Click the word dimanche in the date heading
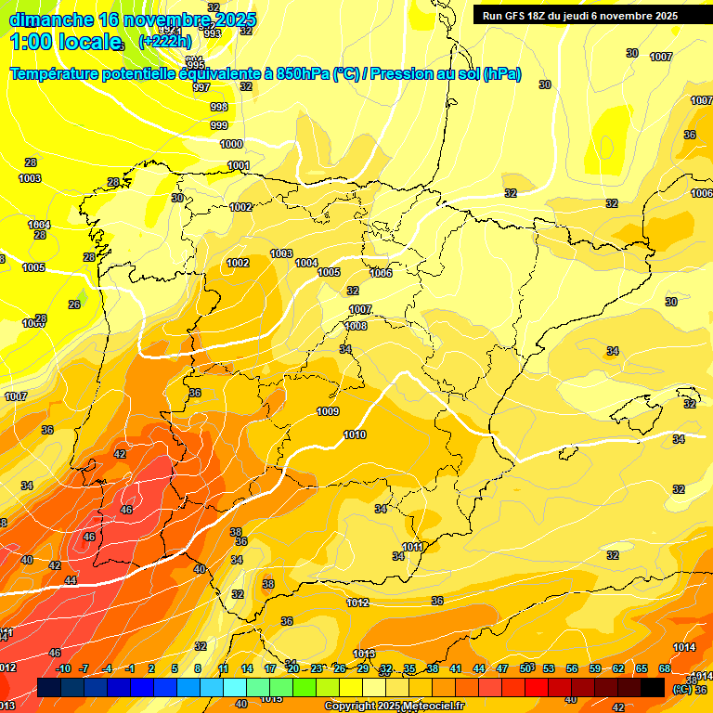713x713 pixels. (51, 19)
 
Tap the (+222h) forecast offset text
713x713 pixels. (165, 41)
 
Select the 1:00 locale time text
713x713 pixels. (65, 42)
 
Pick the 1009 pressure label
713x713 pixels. (328, 411)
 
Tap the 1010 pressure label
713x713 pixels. (354, 434)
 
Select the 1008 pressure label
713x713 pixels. (356, 326)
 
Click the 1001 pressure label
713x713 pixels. (239, 165)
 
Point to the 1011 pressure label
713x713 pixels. (413, 547)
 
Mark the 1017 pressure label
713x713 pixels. (16, 396)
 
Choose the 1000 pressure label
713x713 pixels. (231, 144)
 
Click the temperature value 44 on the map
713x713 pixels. (71, 579)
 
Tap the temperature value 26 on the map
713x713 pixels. (74, 305)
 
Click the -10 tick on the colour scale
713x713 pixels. (63, 668)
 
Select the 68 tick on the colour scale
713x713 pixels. (665, 668)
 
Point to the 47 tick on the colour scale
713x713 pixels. (502, 668)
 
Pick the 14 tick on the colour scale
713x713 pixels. (247, 668)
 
